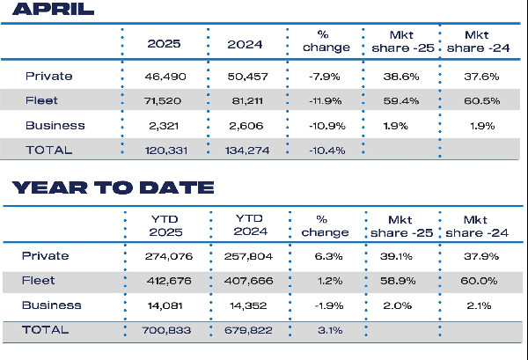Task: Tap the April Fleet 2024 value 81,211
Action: (249, 100)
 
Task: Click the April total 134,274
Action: (249, 150)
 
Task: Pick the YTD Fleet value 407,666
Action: (249, 281)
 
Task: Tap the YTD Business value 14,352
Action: (249, 305)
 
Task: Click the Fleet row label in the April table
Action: (40, 100)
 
